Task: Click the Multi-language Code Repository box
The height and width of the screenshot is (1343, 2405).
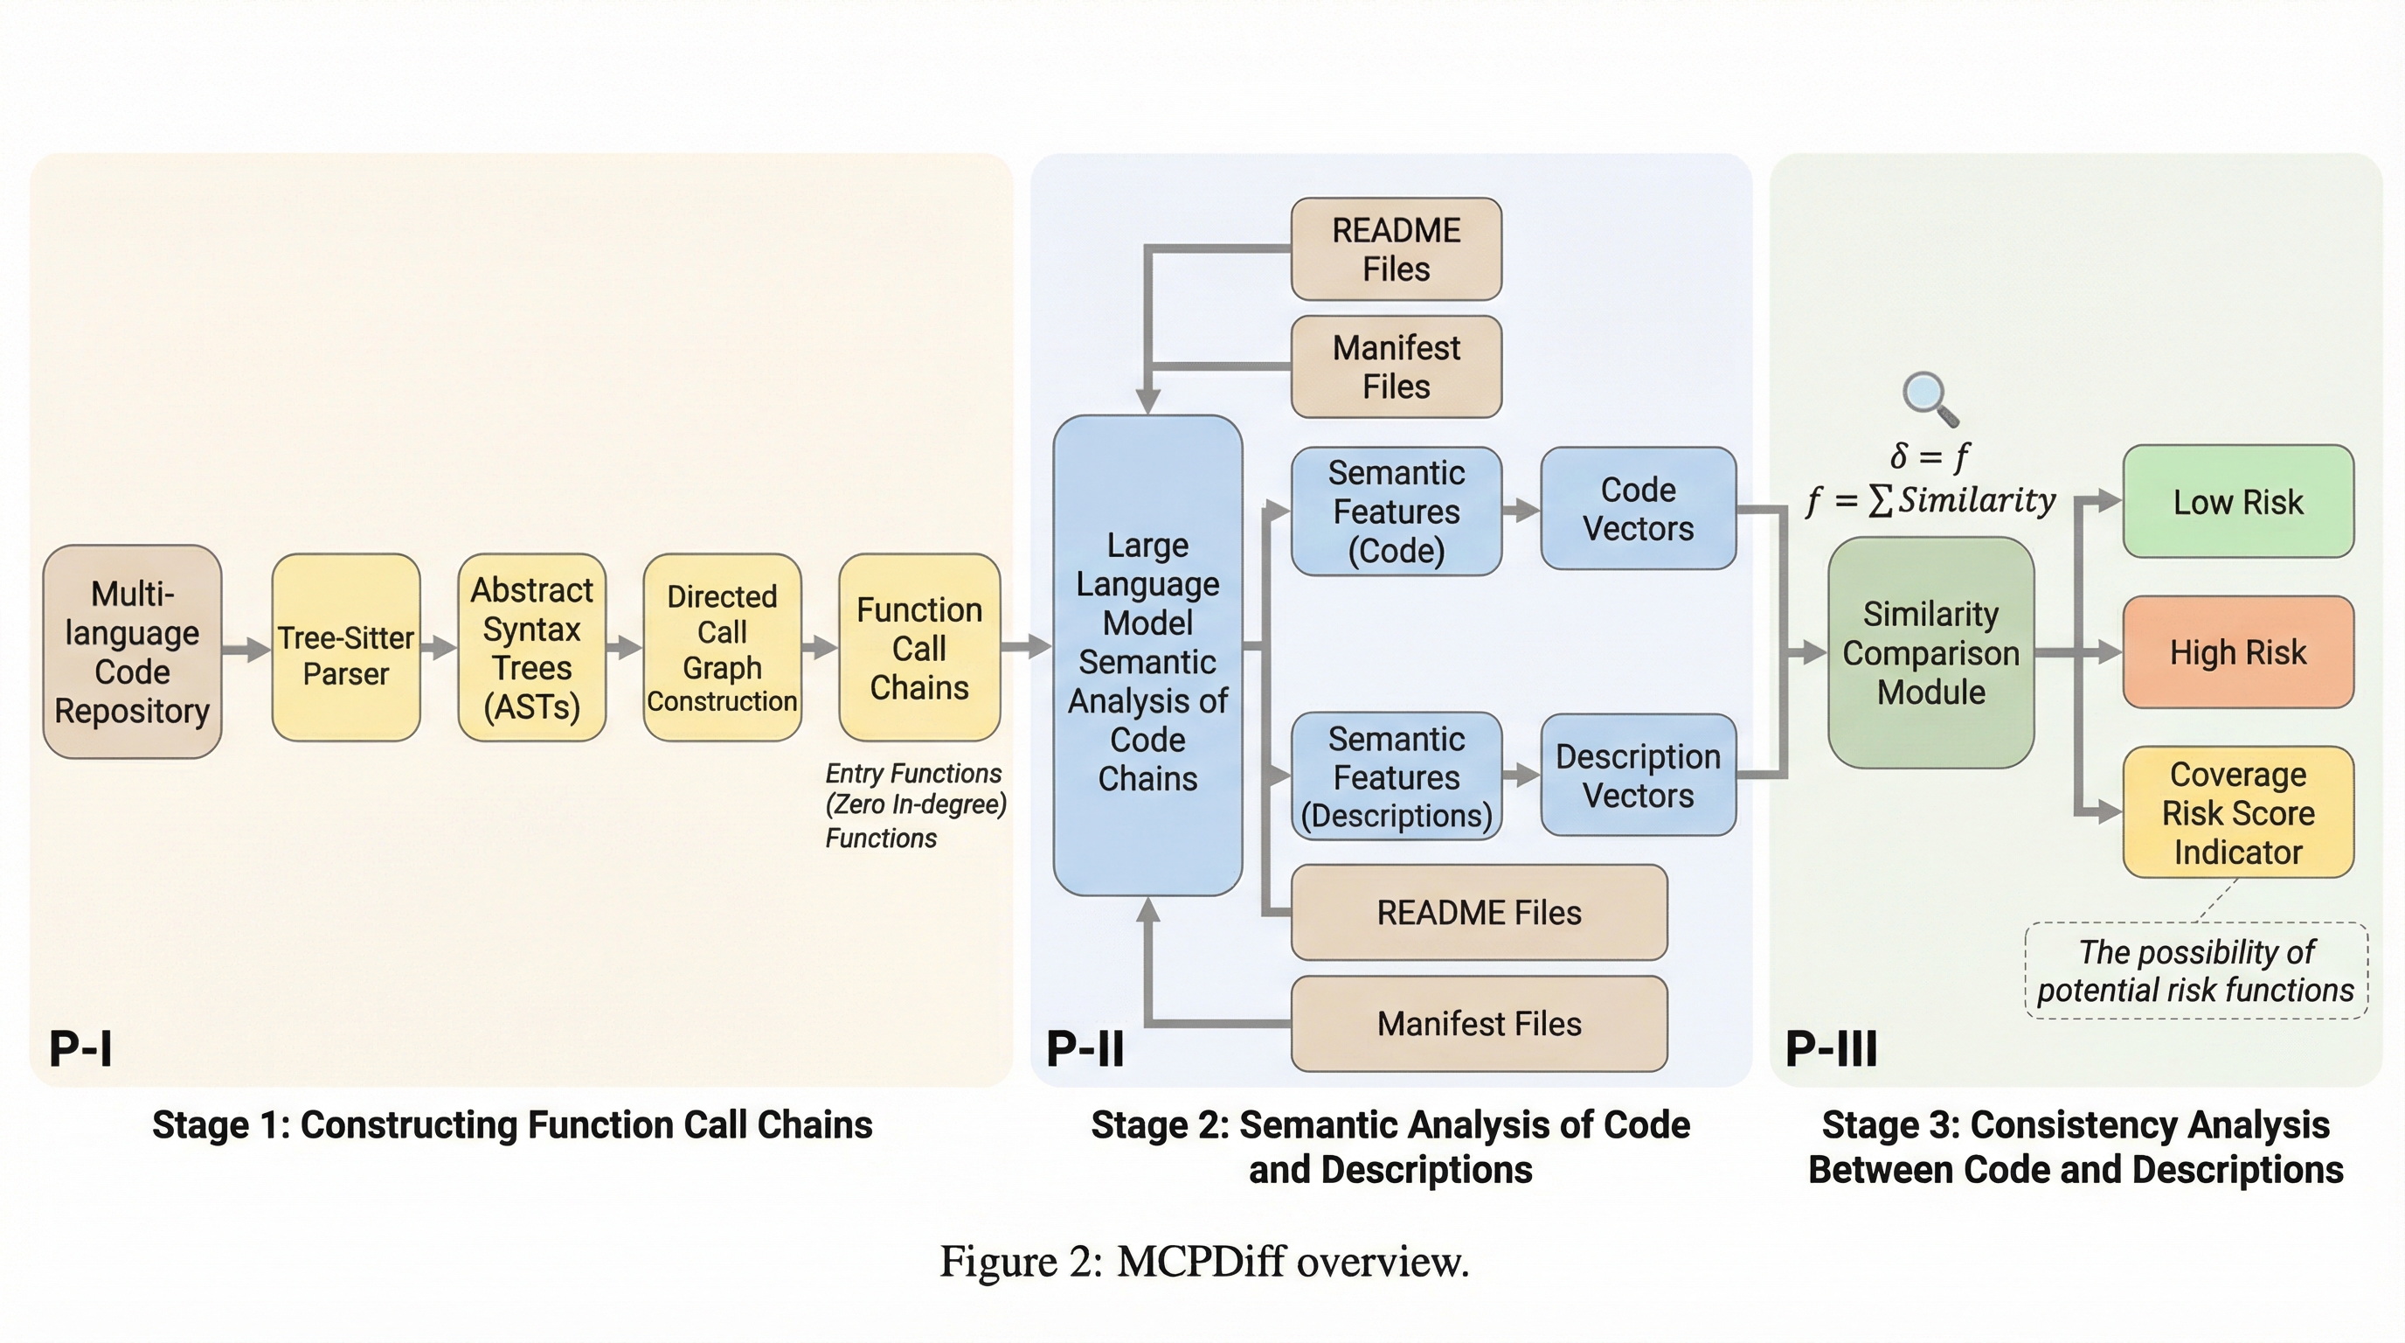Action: (x=132, y=651)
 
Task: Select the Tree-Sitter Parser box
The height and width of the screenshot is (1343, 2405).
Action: (x=345, y=647)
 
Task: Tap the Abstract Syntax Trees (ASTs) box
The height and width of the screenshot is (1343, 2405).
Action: (x=531, y=647)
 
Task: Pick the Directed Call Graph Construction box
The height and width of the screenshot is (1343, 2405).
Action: (x=722, y=647)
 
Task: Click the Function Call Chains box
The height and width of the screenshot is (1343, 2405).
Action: (x=918, y=647)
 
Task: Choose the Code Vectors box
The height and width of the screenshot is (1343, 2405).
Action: (x=1638, y=508)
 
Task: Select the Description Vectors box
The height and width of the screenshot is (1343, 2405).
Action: (x=1638, y=776)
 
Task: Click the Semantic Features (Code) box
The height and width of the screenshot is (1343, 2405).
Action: (x=1396, y=511)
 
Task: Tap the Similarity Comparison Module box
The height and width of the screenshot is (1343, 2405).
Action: (x=1930, y=653)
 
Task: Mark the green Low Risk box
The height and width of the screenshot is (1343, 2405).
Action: (x=2238, y=502)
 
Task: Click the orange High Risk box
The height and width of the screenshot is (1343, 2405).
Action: (x=2238, y=652)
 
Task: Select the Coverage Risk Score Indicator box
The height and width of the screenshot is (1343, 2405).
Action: (x=2238, y=812)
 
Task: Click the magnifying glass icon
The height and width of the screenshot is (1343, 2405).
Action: (x=1929, y=398)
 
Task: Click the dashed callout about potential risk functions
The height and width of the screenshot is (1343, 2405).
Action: (x=2195, y=971)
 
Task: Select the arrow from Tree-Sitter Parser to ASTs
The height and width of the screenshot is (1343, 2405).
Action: (x=439, y=647)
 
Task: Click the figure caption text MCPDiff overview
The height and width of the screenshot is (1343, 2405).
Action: (x=1203, y=1262)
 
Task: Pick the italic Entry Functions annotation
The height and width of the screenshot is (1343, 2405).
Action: (x=914, y=805)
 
